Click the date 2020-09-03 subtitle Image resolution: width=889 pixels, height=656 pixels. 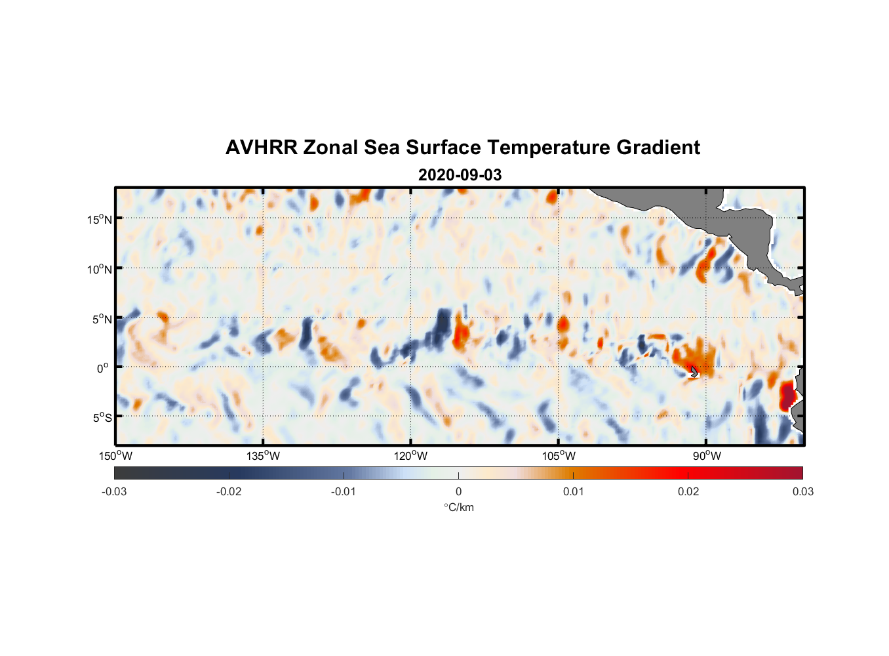coord(460,175)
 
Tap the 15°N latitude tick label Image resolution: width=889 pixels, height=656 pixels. coord(100,219)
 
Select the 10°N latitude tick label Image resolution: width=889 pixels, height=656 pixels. coord(100,269)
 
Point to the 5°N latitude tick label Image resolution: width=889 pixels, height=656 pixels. coord(102,319)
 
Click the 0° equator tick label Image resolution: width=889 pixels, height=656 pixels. coord(103,368)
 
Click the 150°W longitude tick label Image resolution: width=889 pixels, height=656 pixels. coord(116,456)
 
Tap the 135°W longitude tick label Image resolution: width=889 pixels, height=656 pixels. coord(264,456)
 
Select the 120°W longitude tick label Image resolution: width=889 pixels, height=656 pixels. coord(411,456)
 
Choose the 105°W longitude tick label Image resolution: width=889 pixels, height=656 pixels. coord(559,456)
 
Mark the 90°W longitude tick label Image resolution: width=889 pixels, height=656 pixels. coord(707,456)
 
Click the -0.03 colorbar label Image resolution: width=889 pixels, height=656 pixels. coord(114,491)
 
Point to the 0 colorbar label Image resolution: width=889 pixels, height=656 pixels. coord(458,491)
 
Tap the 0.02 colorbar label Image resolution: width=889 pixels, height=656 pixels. coord(688,491)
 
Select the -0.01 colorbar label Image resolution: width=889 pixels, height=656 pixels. coord(344,491)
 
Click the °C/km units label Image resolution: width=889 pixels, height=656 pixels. coord(458,507)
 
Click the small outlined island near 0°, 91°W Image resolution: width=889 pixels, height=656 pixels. coord(694,372)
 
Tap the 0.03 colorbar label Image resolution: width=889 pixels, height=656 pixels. coord(802,491)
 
